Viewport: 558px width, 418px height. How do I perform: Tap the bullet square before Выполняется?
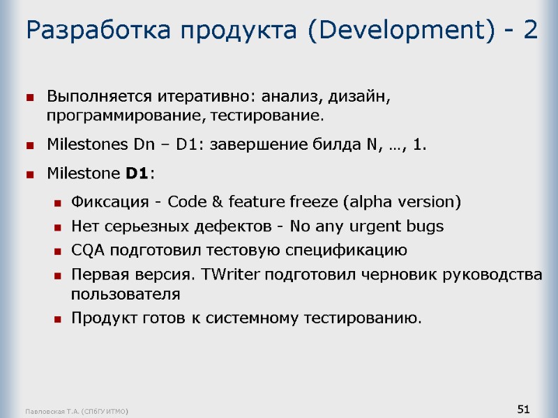[x=30, y=97]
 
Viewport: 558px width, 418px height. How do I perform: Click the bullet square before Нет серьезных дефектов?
[x=56, y=227]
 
